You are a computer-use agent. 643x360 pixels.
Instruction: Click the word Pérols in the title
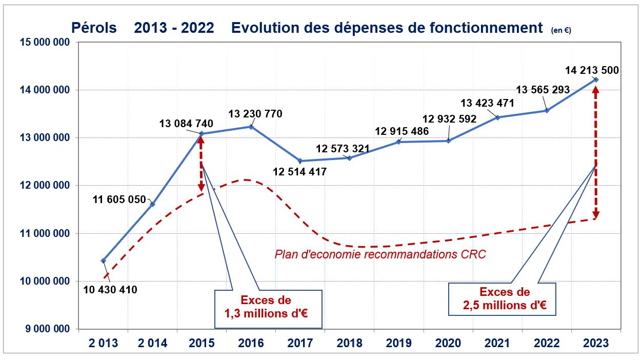(x=94, y=28)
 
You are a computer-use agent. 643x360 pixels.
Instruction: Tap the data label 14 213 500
(x=592, y=70)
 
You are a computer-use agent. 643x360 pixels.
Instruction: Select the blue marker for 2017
(x=300, y=161)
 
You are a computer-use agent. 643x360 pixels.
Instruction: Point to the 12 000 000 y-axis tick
(x=45, y=186)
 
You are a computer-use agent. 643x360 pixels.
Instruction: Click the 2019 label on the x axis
(x=399, y=343)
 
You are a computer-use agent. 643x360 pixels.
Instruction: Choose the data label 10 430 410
(x=110, y=290)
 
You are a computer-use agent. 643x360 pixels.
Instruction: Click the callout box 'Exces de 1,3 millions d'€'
(x=268, y=309)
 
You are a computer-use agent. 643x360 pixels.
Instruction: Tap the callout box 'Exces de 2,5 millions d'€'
(x=502, y=299)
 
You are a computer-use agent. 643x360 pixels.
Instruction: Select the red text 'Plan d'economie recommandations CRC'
(x=380, y=254)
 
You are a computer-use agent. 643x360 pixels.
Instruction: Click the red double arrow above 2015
(x=201, y=164)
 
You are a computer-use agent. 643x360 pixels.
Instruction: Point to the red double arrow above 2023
(x=596, y=152)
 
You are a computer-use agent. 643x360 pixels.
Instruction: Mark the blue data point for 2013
(x=104, y=261)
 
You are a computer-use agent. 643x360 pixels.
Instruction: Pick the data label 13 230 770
(x=255, y=114)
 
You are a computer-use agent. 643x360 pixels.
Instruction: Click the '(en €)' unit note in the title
(x=561, y=30)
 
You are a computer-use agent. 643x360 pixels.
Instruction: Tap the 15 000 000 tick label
(x=45, y=42)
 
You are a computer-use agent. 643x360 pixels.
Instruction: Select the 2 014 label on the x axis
(x=152, y=343)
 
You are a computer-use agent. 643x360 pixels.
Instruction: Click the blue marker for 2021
(x=498, y=117)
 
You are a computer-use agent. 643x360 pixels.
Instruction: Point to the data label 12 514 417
(x=299, y=172)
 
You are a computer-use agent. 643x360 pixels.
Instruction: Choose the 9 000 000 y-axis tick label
(x=47, y=329)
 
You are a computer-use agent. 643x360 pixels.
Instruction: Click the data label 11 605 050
(x=119, y=199)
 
